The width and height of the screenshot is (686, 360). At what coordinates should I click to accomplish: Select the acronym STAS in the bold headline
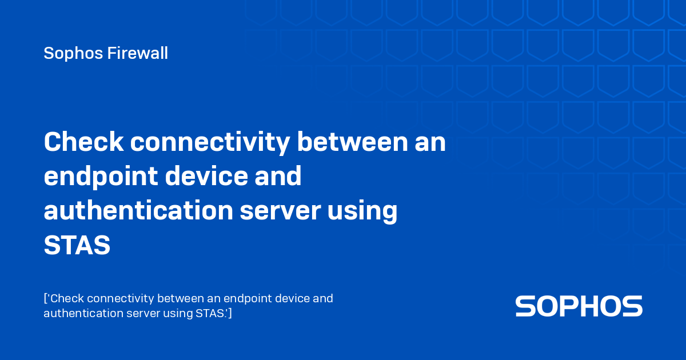coord(77,246)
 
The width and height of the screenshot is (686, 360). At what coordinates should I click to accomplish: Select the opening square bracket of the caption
coord(45,299)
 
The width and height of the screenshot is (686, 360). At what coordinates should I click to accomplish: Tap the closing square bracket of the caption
coord(230,313)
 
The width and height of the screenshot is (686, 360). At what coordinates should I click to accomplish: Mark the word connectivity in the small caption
coord(120,299)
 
